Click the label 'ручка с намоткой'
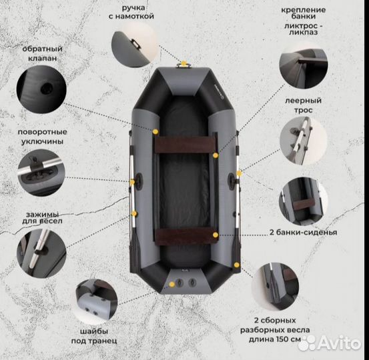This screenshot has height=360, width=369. point(131,12)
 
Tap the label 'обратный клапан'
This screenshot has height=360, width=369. point(42,53)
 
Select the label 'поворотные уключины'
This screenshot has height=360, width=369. point(42,137)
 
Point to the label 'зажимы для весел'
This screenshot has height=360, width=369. point(42,218)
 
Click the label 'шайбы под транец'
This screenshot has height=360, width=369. point(94,336)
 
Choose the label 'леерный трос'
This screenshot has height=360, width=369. point(303,105)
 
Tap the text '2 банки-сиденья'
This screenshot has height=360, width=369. point(303,232)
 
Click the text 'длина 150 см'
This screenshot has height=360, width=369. point(275,339)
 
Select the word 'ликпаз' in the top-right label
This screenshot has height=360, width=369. point(303,32)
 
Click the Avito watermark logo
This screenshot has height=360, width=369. point(329,343)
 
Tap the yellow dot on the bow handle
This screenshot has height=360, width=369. point(183,63)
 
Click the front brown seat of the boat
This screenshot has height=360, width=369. point(185,145)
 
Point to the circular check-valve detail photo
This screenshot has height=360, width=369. point(41,89)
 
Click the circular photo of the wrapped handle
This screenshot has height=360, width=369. point(134,44)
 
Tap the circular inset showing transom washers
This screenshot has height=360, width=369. point(97,301)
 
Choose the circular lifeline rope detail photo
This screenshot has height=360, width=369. point(303,141)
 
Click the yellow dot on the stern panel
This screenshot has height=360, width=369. point(172,285)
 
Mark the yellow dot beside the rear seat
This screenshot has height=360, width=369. point(216,235)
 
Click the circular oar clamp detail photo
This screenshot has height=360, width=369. point(41,253)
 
